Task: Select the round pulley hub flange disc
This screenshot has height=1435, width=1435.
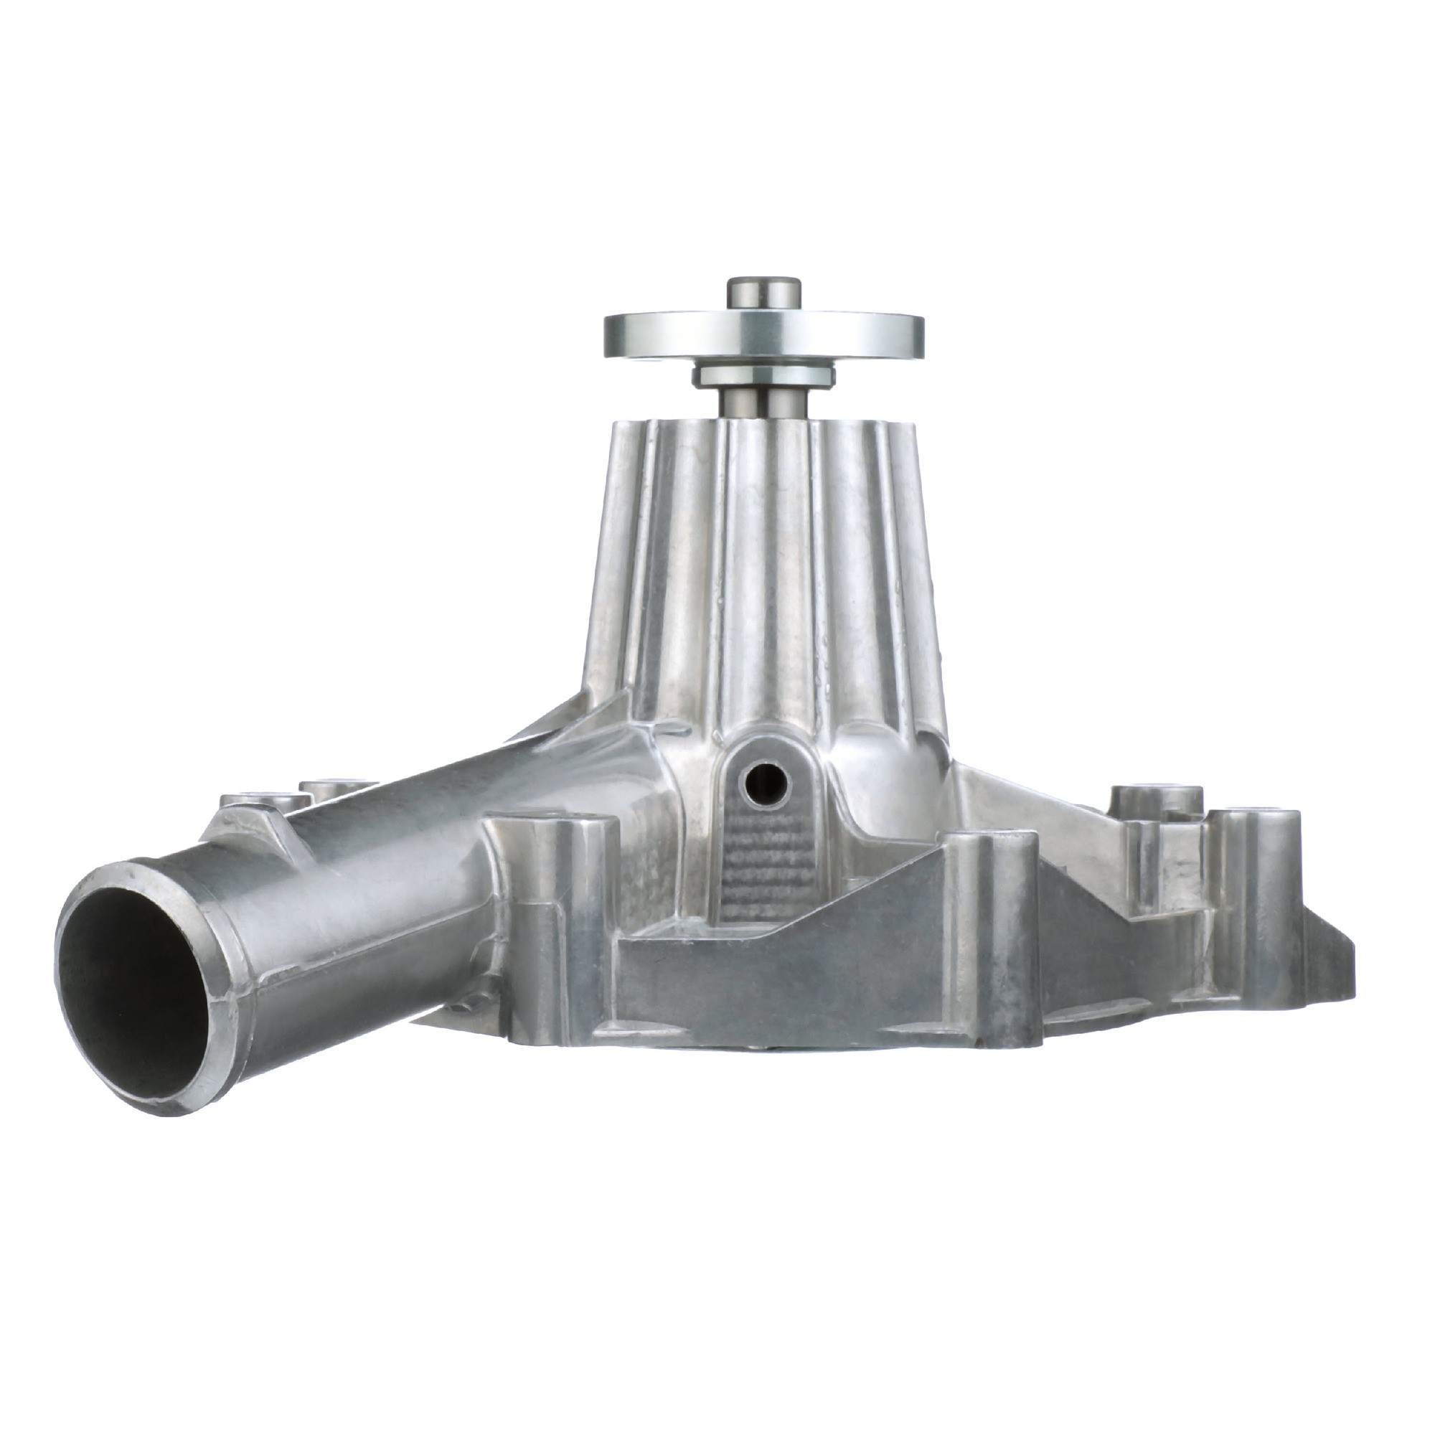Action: pyautogui.click(x=763, y=334)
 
